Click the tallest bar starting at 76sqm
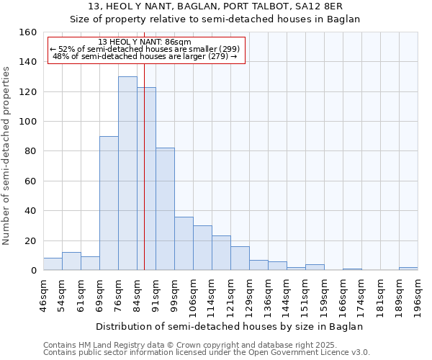(x=127, y=173)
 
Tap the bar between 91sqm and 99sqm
(x=165, y=209)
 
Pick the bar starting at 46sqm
(x=53, y=264)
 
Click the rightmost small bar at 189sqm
(x=408, y=269)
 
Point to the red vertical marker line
(x=144, y=180)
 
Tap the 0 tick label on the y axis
(x=33, y=271)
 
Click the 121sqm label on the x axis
(x=230, y=294)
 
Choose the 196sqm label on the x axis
(x=418, y=294)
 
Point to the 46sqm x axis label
(x=43, y=294)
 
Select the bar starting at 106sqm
(x=202, y=248)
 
